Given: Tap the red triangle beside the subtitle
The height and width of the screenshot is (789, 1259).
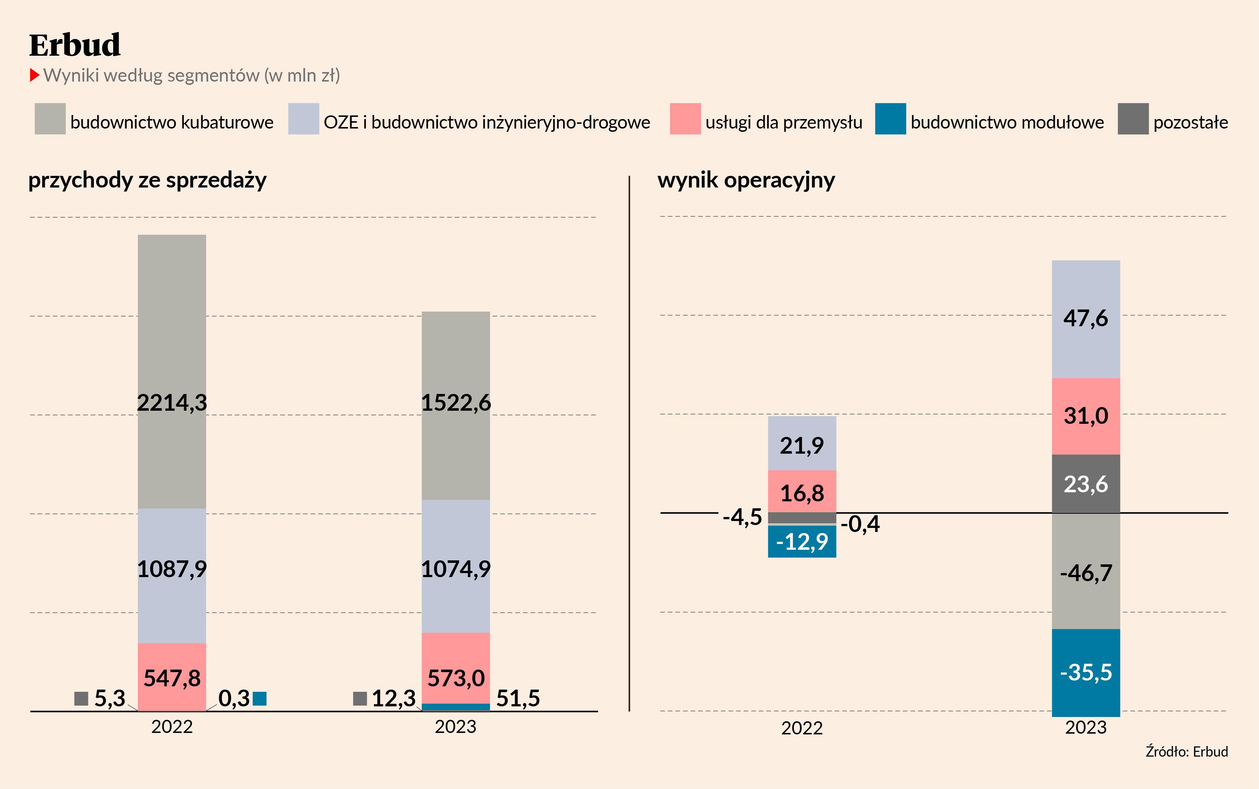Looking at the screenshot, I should coord(35,75).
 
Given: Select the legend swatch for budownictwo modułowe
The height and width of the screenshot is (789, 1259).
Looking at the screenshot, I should coord(890,119).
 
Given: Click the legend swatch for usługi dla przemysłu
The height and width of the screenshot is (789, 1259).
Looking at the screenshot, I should coord(685,119).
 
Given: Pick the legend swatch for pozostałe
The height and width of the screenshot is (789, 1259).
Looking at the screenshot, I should coord(1133,119).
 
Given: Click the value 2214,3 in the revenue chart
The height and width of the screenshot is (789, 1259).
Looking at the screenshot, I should coord(172,403).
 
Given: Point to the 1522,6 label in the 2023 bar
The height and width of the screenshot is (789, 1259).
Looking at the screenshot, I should coord(455,403).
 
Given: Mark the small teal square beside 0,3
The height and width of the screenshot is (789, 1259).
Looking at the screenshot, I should coord(259,699).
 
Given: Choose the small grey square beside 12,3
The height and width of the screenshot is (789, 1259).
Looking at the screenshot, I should coord(360,699).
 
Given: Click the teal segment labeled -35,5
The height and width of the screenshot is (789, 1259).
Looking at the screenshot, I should coord(1086,672).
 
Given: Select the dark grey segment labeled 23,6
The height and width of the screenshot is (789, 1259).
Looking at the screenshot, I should coord(1086,484).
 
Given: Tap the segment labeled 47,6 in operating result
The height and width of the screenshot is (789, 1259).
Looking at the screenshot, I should coord(1086,318).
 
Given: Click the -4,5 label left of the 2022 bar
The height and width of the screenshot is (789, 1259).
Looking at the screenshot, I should coord(742,517).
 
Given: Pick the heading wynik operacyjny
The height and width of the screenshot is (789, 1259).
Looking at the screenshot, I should coord(746,180).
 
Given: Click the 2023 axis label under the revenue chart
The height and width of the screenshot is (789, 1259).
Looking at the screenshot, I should coord(455,726).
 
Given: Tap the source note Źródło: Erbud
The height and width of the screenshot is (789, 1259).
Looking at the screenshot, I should coord(1187,751).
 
